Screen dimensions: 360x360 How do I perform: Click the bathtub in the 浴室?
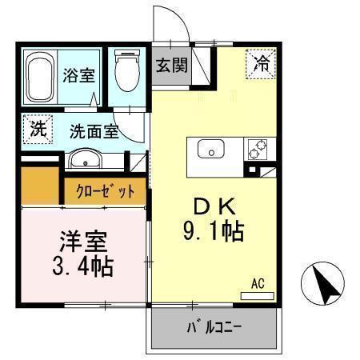coord(41,78)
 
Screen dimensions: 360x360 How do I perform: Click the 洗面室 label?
coord(94,131)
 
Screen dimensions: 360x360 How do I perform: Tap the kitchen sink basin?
coord(212,149)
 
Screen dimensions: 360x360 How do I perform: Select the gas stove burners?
coord(257,148)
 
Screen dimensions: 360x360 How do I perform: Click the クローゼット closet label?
coord(106,191)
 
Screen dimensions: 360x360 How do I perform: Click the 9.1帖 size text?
coord(212,233)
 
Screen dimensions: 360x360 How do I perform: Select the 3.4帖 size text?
coord(80,265)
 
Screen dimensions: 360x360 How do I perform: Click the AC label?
coord(258,282)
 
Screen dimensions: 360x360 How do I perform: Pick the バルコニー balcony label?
coord(214,327)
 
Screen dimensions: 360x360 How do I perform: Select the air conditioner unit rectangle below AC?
coord(258,294)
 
